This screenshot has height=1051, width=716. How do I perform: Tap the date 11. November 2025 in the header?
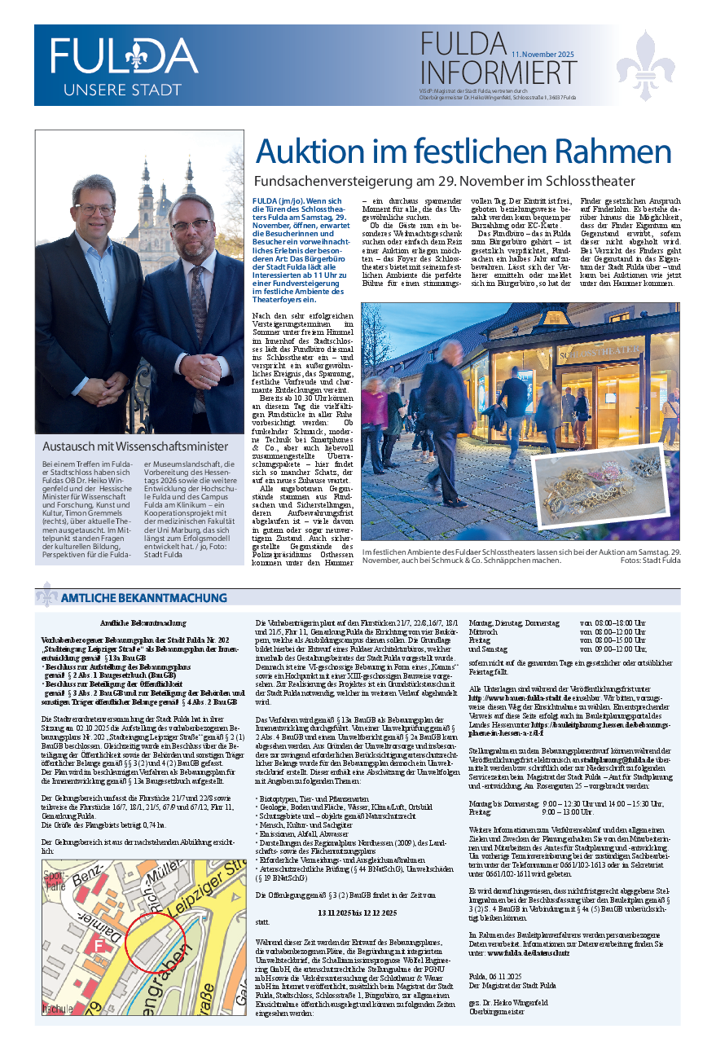click(542, 54)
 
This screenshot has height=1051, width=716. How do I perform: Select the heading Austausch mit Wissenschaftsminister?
click(135, 446)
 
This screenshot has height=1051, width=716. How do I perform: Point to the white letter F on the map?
click(99, 946)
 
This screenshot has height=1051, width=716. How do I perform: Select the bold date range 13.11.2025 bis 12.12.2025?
click(356, 912)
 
